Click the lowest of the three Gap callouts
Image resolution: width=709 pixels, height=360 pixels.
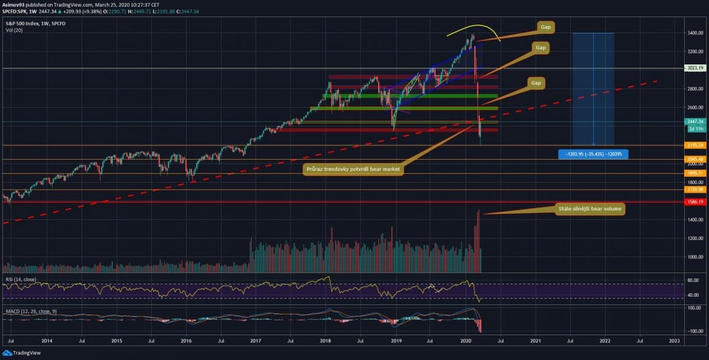coord(536,83)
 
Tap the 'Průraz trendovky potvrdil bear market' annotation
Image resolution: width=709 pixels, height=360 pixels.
coord(353,170)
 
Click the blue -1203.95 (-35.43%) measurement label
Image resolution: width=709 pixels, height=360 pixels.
coord(593,154)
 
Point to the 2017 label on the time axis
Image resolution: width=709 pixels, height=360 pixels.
coord(255,341)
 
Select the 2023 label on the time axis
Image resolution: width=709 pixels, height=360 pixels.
coord(674,341)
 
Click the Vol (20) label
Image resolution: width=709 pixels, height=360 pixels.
coord(14,30)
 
